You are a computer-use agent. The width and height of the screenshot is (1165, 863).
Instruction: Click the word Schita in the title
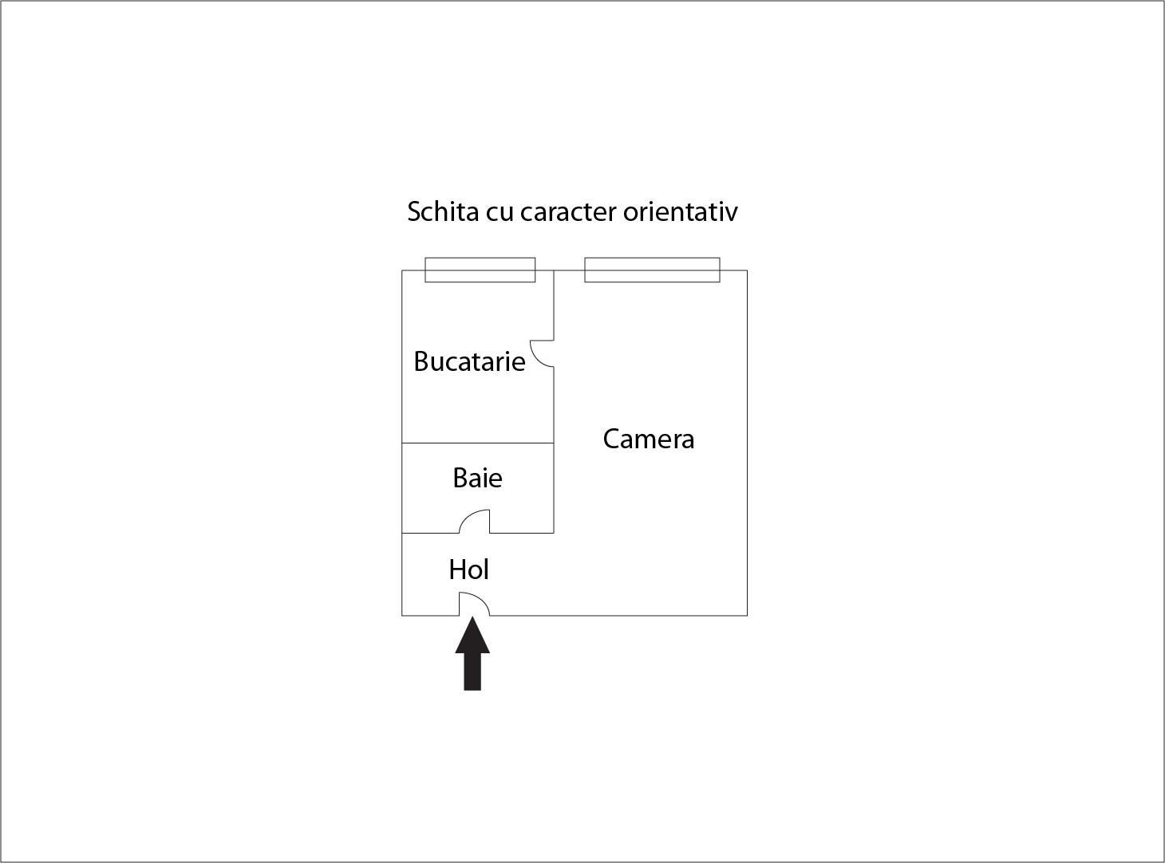[444, 211]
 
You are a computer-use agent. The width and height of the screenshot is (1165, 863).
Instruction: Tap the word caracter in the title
[568, 212]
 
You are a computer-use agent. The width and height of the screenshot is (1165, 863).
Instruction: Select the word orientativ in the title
[681, 211]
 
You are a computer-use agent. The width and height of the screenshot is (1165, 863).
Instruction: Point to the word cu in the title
[500, 215]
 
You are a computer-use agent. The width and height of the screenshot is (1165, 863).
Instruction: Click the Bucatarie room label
[469, 361]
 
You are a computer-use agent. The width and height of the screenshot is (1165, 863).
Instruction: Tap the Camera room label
[649, 439]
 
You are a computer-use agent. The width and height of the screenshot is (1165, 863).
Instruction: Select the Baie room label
[477, 478]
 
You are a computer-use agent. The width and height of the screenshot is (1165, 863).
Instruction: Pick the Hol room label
[469, 569]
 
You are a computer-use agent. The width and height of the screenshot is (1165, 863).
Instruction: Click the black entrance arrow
[472, 653]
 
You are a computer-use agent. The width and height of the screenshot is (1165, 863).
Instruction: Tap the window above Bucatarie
[480, 270]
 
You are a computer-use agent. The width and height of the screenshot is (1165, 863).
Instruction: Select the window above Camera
[653, 270]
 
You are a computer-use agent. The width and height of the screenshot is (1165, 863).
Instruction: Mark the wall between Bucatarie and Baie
[478, 443]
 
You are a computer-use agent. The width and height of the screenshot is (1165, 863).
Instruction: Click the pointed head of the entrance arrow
[472, 617]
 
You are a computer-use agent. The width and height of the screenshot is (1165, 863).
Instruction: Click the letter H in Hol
[457, 569]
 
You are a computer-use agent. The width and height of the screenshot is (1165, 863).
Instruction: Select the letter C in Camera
[611, 439]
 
